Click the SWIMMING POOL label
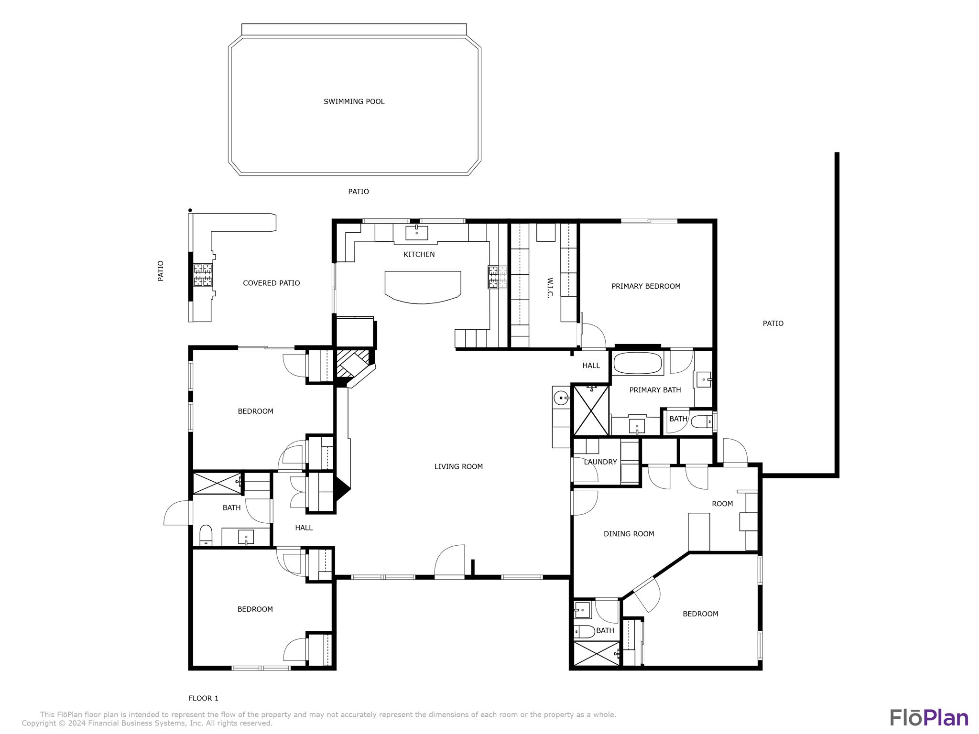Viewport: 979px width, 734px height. click(354, 101)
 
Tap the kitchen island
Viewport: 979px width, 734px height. click(423, 286)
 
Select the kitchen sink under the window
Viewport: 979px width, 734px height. click(417, 233)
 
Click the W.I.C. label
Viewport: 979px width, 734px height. click(550, 287)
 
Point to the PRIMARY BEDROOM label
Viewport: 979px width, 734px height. click(646, 286)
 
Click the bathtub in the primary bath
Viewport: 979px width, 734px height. click(638, 363)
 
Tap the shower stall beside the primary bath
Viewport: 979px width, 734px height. click(591, 410)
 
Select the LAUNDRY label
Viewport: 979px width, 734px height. click(600, 462)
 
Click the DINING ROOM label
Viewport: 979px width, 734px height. click(629, 534)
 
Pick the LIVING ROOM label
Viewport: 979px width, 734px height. click(458, 466)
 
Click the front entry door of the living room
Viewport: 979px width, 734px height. click(449, 564)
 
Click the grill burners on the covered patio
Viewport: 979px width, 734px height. click(203, 275)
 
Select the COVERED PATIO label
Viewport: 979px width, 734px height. click(271, 283)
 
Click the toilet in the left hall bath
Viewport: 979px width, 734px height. click(206, 535)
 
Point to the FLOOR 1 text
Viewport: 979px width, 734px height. click(203, 698)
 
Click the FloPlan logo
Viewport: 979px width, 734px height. click(929, 718)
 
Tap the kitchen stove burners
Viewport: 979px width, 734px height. click(497, 277)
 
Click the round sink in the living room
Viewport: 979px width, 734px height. click(561, 397)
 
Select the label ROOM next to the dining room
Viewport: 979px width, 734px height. click(722, 504)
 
